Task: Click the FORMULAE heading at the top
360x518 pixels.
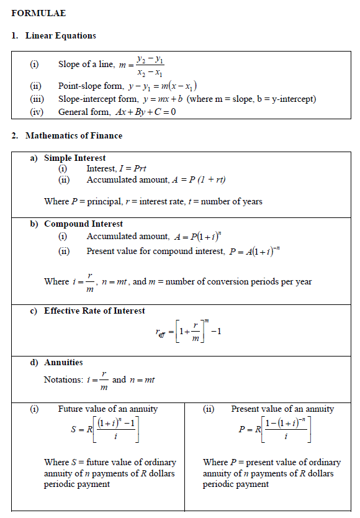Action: [x=38, y=12]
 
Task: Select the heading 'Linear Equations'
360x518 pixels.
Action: [x=61, y=36]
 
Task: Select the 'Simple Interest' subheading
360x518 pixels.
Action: [x=74, y=158]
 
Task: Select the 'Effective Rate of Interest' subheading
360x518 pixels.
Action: [x=94, y=311]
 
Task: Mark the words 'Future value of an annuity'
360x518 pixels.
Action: [x=108, y=409]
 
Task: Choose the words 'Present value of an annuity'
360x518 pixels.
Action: [x=282, y=409]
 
